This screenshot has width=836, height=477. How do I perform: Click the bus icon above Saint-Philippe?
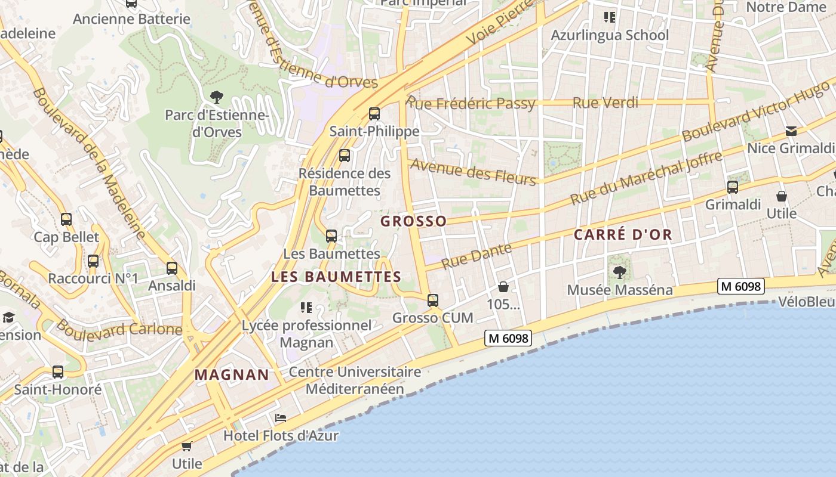tap(374, 113)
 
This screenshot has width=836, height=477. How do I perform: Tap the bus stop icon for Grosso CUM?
tap(433, 301)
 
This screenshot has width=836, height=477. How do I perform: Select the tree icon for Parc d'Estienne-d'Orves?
tap(216, 96)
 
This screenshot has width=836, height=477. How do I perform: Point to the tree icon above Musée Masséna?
tap(620, 272)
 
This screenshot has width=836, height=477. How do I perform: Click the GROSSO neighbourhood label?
tap(414, 221)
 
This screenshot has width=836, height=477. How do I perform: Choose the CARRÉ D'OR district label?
tap(623, 235)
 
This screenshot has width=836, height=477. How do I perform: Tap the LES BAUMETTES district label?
tap(336, 277)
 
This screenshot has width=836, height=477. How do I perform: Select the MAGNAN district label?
tap(232, 375)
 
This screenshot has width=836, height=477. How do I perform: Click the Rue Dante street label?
tap(477, 256)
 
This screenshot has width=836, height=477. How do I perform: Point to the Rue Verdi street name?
tap(606, 103)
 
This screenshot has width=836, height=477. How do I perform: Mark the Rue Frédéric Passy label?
tap(471, 103)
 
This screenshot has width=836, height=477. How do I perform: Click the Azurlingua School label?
tap(610, 35)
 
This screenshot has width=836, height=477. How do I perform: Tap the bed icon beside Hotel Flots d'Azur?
tap(280, 418)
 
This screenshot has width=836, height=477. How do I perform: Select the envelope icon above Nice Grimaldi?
tap(791, 131)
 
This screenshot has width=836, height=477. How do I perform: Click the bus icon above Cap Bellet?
tap(66, 219)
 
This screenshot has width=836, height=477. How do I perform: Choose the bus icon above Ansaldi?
tap(172, 268)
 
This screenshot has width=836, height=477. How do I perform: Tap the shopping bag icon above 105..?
tap(503, 287)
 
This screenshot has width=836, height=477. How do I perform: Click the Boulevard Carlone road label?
tap(119, 329)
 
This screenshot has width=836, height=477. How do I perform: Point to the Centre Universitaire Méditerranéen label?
tap(355, 380)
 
